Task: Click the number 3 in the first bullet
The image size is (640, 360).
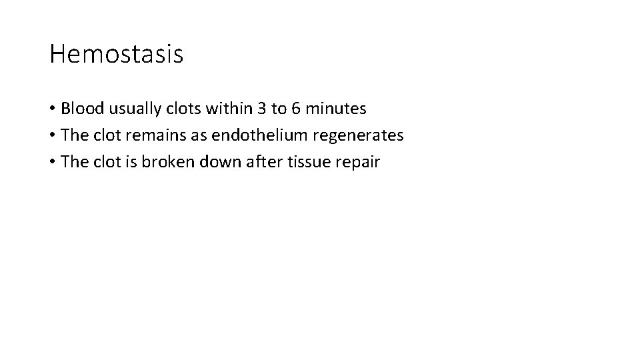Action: point(261,108)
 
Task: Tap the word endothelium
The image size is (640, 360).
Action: point(258,135)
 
